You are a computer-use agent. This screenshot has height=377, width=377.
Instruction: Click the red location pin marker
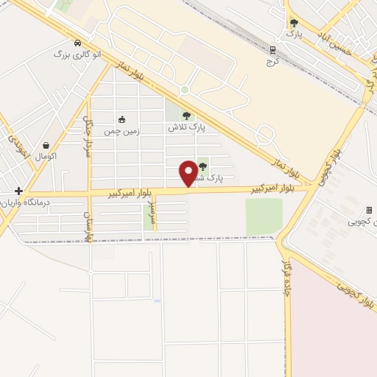pos(188,174)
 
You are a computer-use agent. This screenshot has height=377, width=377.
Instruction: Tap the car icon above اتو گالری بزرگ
pos(77,42)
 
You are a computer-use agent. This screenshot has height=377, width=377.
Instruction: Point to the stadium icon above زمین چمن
pos(121,119)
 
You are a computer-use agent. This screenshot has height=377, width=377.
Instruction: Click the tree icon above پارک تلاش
pos(186,116)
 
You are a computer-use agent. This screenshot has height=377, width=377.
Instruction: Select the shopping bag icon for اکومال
pos(46,145)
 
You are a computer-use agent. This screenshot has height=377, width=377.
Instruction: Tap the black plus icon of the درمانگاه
pos(18,191)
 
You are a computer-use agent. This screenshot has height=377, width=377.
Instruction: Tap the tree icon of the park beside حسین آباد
pos(295,24)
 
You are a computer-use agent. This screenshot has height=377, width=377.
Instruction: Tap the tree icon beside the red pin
pos(202,166)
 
